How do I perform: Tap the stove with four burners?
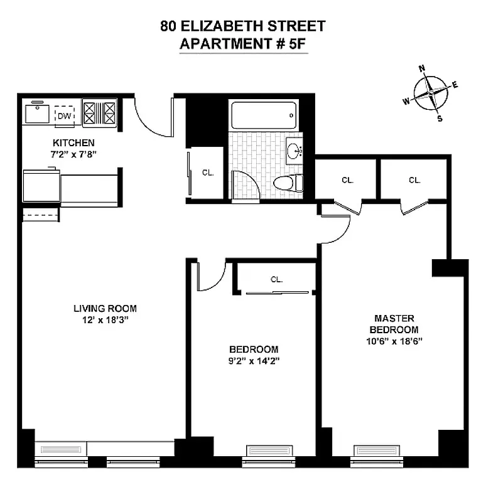click(100, 114)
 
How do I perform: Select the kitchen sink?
click(36, 114)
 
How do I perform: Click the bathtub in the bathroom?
click(262, 116)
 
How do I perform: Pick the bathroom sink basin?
click(294, 151)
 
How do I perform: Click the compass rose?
click(431, 93)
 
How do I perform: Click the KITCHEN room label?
click(73, 143)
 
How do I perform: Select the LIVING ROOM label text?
click(105, 308)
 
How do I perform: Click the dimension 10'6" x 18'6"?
click(394, 341)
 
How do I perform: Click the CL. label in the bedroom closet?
click(276, 280)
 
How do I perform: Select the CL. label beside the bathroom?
click(208, 173)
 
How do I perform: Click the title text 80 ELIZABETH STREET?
click(243, 26)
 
